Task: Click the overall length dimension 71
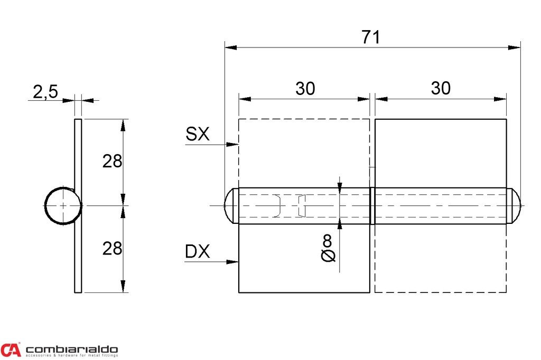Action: (x=371, y=37)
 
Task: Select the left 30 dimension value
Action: (x=305, y=89)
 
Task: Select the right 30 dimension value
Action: (x=441, y=89)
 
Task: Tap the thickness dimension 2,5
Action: (x=45, y=92)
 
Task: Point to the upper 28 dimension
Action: (x=112, y=161)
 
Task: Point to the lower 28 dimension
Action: (x=112, y=248)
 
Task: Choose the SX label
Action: (x=198, y=135)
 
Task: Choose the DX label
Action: (x=198, y=252)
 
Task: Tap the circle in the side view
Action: (x=62, y=206)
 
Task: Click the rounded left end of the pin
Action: (x=230, y=206)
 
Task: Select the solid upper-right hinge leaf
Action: (x=441, y=153)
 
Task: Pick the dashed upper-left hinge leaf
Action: (x=304, y=153)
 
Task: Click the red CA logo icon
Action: (x=11, y=349)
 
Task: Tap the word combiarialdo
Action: (x=71, y=349)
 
